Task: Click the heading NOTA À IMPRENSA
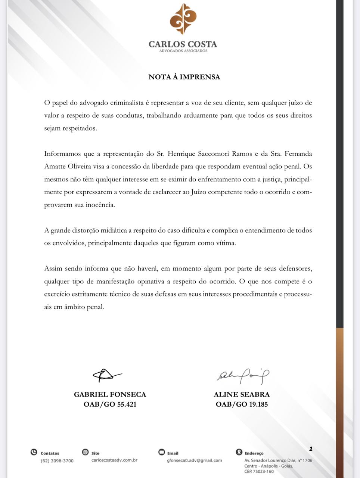[x=184, y=77]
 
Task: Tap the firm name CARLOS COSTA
[x=183, y=44]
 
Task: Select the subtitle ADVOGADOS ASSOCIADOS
[x=183, y=51]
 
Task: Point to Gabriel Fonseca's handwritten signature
[x=107, y=375]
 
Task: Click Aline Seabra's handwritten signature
[x=243, y=376]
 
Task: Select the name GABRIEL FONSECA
[x=110, y=394]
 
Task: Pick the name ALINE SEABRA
[x=242, y=394]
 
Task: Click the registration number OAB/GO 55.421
[x=110, y=404]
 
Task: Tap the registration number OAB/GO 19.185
[x=242, y=404]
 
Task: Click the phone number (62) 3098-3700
[x=57, y=461]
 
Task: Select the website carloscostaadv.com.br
[x=114, y=460]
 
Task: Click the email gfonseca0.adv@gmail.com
[x=195, y=460]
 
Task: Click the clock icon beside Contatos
[x=34, y=453]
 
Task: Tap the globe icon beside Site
[x=85, y=452]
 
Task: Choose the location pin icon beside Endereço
[x=239, y=452]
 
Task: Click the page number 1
[x=310, y=449]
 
